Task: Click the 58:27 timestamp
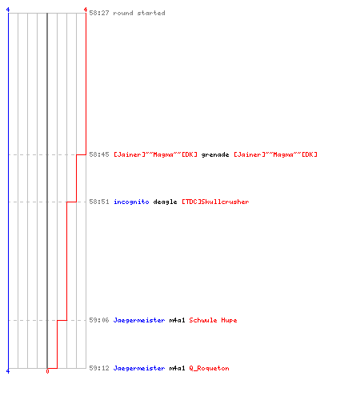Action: click(x=99, y=13)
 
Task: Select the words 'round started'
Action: click(x=139, y=13)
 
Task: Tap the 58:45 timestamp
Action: click(x=99, y=154)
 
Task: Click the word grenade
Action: click(x=215, y=155)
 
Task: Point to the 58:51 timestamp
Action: click(x=99, y=202)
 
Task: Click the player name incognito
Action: click(x=131, y=202)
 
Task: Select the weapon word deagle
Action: click(x=165, y=202)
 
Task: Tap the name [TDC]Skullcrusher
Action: click(x=215, y=202)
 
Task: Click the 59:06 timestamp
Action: click(x=99, y=320)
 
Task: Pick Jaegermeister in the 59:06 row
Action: click(x=139, y=320)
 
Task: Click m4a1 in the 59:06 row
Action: click(x=177, y=320)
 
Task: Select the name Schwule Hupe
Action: click(x=213, y=320)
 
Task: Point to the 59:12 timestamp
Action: click(x=99, y=368)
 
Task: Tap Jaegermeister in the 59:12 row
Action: click(x=139, y=368)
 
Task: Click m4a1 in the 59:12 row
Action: click(x=177, y=368)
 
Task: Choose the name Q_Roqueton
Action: click(x=209, y=368)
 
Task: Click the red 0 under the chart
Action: click(x=47, y=371)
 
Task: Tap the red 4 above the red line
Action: click(x=86, y=10)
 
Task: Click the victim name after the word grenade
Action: click(x=275, y=154)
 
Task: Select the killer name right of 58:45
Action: click(x=155, y=154)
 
